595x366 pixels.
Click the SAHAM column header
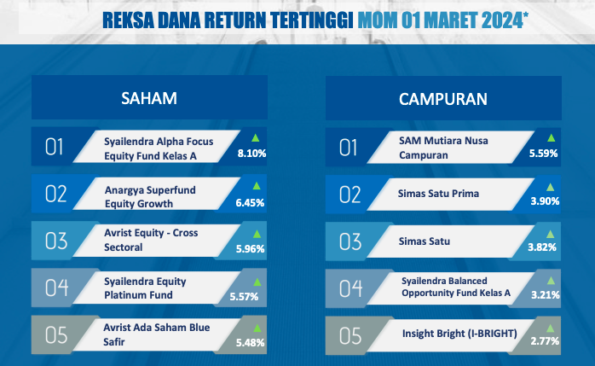(x=149, y=98)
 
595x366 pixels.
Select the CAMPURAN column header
(x=442, y=99)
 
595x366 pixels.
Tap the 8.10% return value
(x=251, y=154)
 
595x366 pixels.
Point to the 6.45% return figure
(x=250, y=203)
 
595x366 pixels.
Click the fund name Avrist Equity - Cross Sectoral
(x=151, y=240)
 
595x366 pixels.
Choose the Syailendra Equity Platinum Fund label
(x=145, y=288)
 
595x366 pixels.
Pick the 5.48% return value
(x=250, y=343)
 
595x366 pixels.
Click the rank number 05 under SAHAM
(x=56, y=335)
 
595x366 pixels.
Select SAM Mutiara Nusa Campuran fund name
(x=443, y=148)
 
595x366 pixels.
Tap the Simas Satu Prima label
(x=438, y=194)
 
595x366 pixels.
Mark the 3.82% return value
(x=542, y=247)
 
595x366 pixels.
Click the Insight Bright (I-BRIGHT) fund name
(x=459, y=334)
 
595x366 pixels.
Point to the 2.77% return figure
(x=545, y=341)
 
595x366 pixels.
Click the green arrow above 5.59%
(x=551, y=138)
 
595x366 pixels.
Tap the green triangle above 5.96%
(x=257, y=234)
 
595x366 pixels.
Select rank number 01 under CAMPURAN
(x=348, y=148)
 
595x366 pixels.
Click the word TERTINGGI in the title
(x=312, y=20)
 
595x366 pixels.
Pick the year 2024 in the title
(x=502, y=20)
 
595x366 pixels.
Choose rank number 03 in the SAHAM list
(x=56, y=241)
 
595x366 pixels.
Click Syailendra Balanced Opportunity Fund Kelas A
(x=456, y=287)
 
